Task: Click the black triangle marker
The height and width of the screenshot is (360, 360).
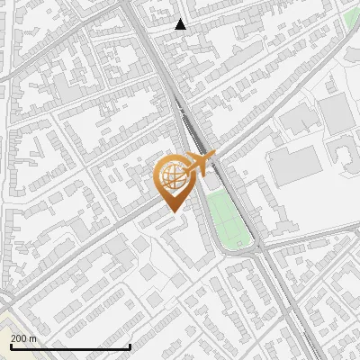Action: tap(181, 24)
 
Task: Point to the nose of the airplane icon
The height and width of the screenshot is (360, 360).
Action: tap(213, 156)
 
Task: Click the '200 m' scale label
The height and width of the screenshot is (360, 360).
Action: tap(23, 338)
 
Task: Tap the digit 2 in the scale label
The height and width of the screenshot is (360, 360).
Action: tap(13, 338)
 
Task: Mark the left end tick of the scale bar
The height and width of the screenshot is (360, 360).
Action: tap(11, 346)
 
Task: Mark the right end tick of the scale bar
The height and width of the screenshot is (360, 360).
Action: tap(130, 346)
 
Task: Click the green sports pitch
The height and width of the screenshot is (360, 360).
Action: tap(227, 219)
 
